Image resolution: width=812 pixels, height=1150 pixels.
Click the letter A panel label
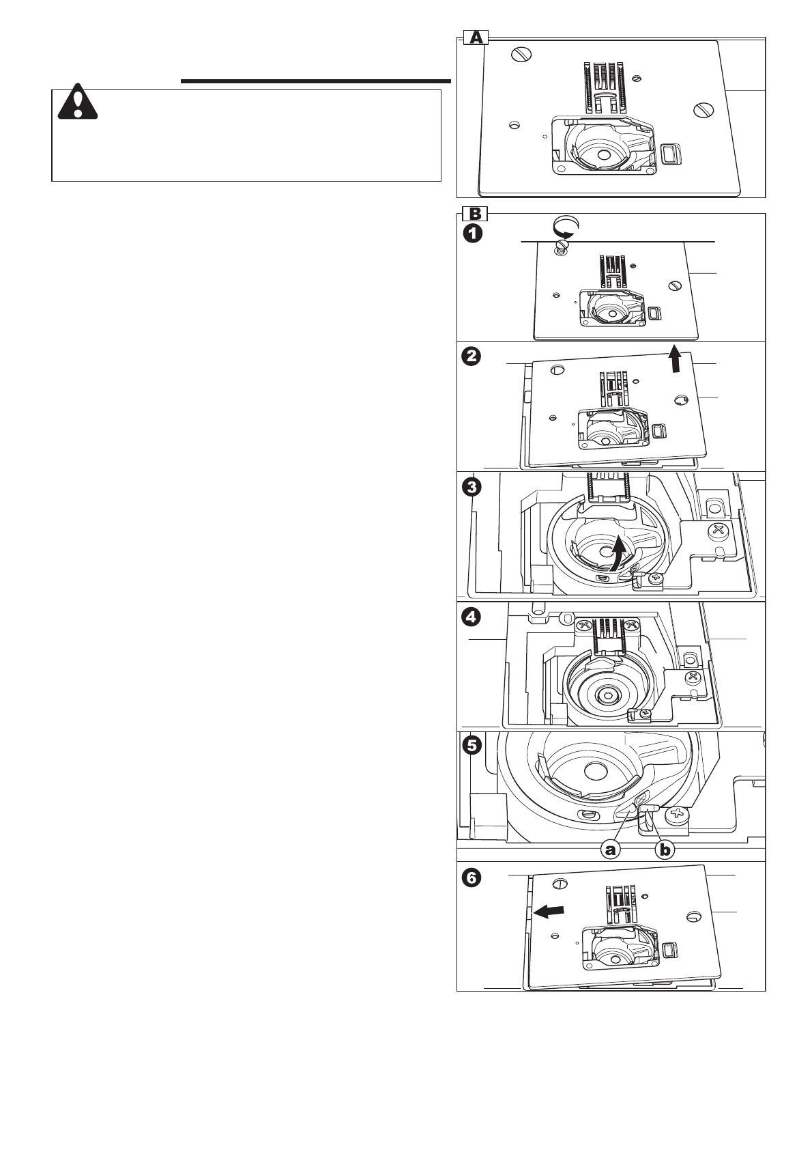(x=475, y=38)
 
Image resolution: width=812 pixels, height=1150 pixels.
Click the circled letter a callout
(x=611, y=850)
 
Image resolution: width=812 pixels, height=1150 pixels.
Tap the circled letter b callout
(x=665, y=850)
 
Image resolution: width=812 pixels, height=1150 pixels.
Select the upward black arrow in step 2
(x=675, y=359)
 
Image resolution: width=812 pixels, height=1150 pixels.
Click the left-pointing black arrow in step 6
(x=549, y=910)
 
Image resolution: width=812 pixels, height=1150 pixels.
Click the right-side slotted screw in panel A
(x=703, y=109)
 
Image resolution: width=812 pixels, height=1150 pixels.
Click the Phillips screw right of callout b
(x=678, y=813)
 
